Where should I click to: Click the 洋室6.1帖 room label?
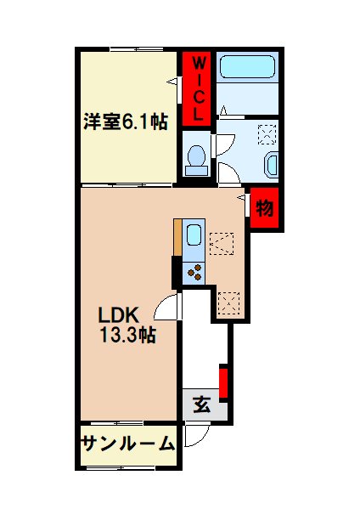point(124,122)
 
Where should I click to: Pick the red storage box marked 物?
point(265,207)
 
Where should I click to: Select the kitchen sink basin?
point(194,237)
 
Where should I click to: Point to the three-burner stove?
point(194,272)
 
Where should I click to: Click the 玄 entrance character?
point(201,404)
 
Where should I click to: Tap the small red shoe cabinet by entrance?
point(224,382)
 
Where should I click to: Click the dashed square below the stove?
point(229,303)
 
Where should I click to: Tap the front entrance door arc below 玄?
point(194,437)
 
